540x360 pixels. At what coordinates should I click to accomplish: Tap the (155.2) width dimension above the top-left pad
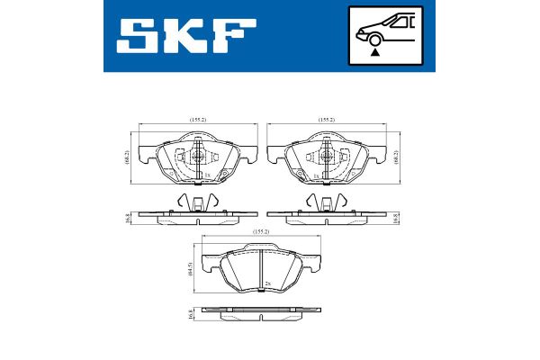tap(199, 120)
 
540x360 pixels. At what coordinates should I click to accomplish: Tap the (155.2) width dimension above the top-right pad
tap(327, 120)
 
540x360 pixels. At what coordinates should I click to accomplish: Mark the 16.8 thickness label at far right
tap(399, 217)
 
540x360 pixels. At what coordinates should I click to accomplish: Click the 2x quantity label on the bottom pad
tap(268, 284)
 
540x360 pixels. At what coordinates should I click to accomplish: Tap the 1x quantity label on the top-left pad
tap(207, 174)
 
